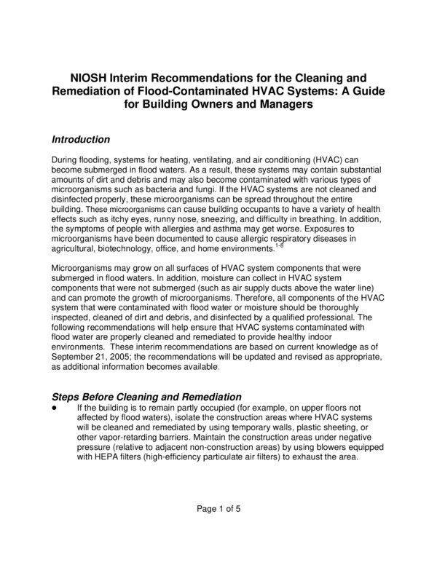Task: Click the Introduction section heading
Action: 81,139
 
